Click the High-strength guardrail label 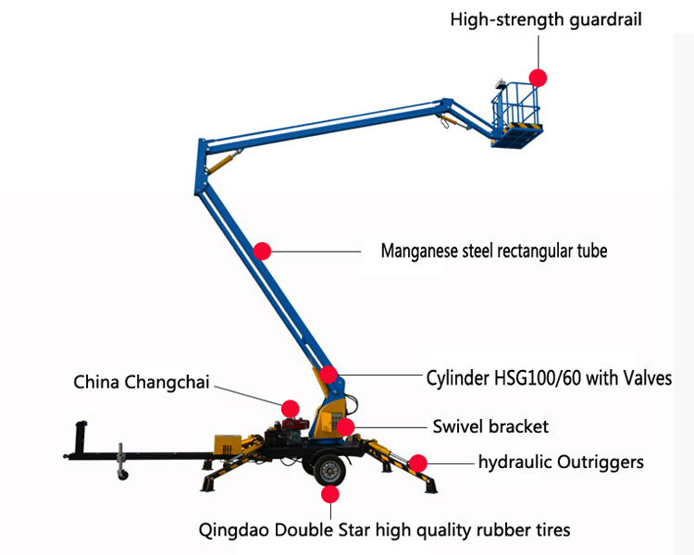(x=546, y=20)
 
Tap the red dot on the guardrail (x=538, y=78)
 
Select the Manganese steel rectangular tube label (x=494, y=251)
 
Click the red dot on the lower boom (x=262, y=251)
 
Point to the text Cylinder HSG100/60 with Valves (x=549, y=378)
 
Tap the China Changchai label (x=142, y=382)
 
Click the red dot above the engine (x=290, y=409)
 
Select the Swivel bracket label (x=490, y=426)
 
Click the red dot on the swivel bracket (x=345, y=427)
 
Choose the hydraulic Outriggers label (x=562, y=462)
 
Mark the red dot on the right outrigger (x=418, y=463)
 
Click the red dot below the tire (x=330, y=494)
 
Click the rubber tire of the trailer (x=329, y=469)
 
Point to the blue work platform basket (x=516, y=115)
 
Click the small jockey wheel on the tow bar (x=122, y=475)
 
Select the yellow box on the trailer (x=228, y=444)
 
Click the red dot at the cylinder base (x=328, y=375)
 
